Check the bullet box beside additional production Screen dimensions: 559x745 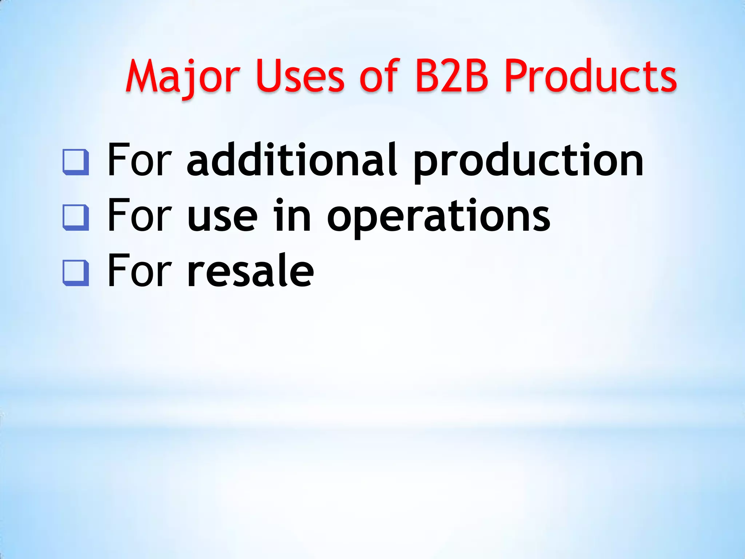click(x=76, y=162)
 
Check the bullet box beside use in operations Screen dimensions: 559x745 click(x=76, y=218)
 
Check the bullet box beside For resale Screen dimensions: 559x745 click(x=76, y=273)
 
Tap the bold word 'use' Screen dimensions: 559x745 click(x=222, y=217)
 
